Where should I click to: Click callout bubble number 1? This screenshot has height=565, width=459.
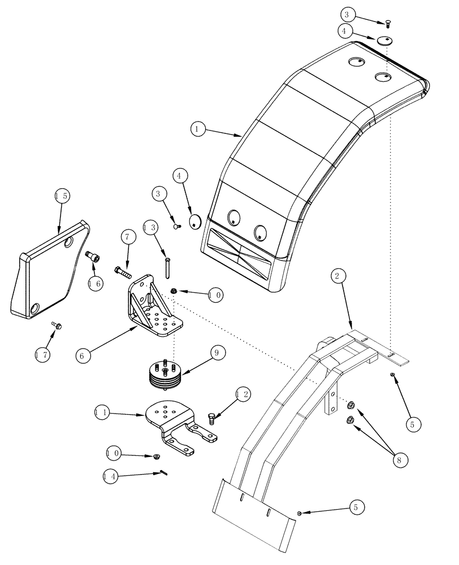click(197, 129)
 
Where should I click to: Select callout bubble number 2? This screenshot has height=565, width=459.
click(336, 276)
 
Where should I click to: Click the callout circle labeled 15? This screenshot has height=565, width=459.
click(62, 196)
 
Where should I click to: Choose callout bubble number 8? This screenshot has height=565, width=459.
click(399, 459)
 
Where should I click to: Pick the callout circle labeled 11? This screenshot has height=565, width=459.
click(102, 414)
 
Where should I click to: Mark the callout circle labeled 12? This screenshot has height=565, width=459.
click(244, 394)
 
